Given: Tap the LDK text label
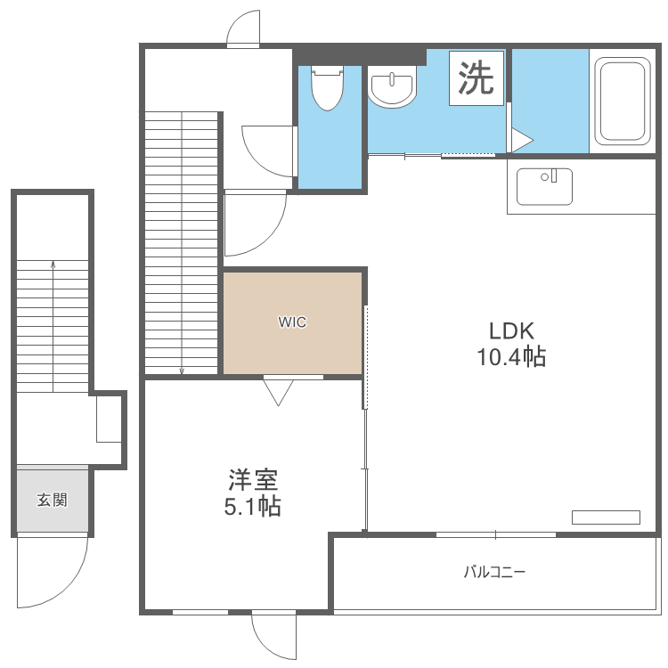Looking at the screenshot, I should [510, 331].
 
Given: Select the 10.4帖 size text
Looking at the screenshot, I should [510, 358].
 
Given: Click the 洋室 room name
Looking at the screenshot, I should [254, 481].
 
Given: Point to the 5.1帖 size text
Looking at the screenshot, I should [254, 508].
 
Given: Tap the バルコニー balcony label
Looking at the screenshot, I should [494, 572].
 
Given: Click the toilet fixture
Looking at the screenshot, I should [328, 86].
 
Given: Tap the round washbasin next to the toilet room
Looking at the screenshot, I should [392, 89].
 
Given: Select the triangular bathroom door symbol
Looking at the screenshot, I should [519, 140].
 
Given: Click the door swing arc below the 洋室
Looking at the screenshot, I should [273, 636].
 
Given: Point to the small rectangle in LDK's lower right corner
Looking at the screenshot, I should [606, 517].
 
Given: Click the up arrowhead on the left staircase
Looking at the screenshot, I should [53, 264].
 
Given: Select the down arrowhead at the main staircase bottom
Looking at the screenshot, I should [182, 371].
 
